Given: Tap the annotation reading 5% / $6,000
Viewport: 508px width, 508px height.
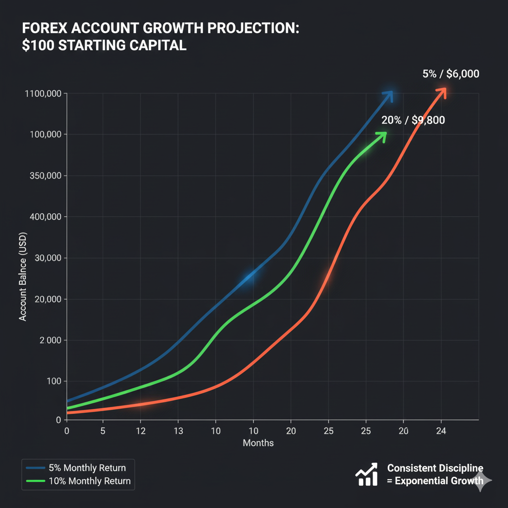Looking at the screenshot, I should [x=450, y=74].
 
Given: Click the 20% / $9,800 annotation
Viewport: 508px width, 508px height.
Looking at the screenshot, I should [x=413, y=120].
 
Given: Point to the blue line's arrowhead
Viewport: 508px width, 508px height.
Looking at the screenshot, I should [x=388, y=95].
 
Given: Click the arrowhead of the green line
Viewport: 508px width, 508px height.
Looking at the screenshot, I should [x=382, y=135].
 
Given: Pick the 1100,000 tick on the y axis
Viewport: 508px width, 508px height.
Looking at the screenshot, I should [x=42, y=94].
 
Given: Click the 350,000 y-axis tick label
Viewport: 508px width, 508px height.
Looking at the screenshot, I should [x=44, y=176].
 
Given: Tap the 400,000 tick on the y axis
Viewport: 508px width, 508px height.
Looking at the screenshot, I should [x=44, y=217].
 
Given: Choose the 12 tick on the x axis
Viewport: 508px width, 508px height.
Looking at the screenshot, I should [x=140, y=431].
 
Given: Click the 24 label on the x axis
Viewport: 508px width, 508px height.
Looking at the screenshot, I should [x=441, y=431].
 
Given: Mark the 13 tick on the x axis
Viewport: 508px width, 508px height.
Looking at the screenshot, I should [x=178, y=431].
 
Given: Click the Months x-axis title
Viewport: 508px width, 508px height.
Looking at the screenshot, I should [x=258, y=443].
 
